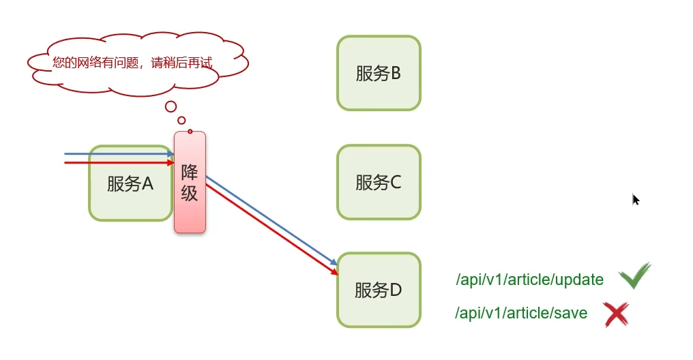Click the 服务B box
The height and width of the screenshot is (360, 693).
tap(379, 73)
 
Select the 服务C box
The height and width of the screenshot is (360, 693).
tap(379, 182)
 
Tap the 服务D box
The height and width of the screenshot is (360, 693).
tap(379, 290)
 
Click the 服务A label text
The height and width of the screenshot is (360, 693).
tap(130, 183)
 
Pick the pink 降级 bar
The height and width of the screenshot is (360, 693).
tap(190, 182)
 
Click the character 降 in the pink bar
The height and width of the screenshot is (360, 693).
tap(189, 171)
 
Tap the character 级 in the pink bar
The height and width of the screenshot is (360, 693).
tap(189, 193)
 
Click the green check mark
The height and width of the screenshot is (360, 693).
tap(634, 275)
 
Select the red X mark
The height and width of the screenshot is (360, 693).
tap(616, 314)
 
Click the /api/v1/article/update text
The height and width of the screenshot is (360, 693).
tap(529, 280)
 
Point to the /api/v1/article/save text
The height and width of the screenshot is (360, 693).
tap(521, 314)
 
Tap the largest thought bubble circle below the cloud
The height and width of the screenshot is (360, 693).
tap(171, 106)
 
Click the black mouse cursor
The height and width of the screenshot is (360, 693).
tap(636, 199)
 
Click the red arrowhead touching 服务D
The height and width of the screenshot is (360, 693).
tap(334, 271)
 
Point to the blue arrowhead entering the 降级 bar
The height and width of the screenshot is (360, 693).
tap(171, 154)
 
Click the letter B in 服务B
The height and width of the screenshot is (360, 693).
tap(396, 74)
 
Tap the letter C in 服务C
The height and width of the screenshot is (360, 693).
tap(396, 183)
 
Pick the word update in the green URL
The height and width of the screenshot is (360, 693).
tap(581, 280)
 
